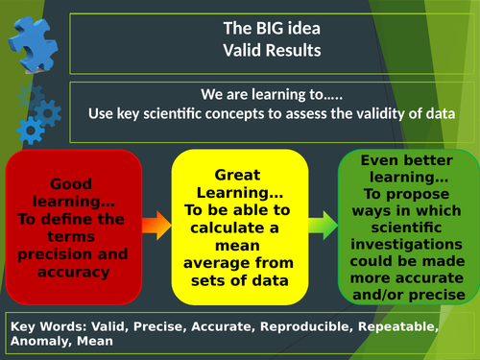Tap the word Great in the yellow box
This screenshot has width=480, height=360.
coord(235,175)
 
